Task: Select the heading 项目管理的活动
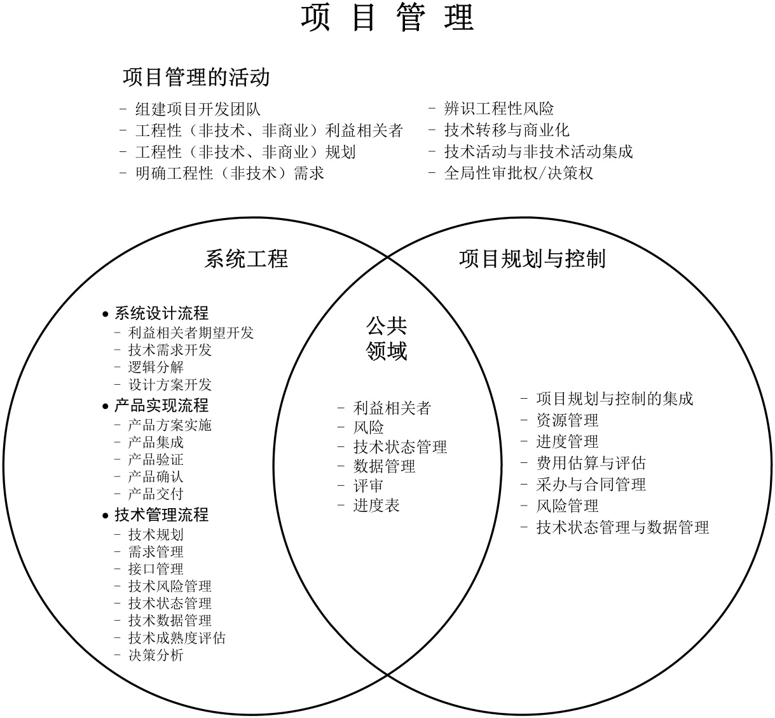[196, 78]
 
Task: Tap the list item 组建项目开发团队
[198, 109]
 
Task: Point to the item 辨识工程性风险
[499, 109]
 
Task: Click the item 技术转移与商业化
[507, 130]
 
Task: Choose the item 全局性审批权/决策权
[519, 173]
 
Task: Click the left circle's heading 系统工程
[246, 259]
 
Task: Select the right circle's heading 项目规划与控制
[532, 259]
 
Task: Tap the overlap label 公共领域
[387, 338]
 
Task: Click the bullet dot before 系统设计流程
[106, 314]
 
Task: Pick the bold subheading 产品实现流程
[161, 406]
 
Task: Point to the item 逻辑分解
[156, 367]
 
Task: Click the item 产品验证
[156, 459]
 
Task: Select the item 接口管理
[156, 569]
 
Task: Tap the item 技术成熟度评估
[177, 637]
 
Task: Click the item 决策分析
[156, 655]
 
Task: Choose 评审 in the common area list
[369, 486]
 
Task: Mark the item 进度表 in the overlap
[376, 506]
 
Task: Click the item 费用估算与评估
[591, 463]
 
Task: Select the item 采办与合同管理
[591, 485]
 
